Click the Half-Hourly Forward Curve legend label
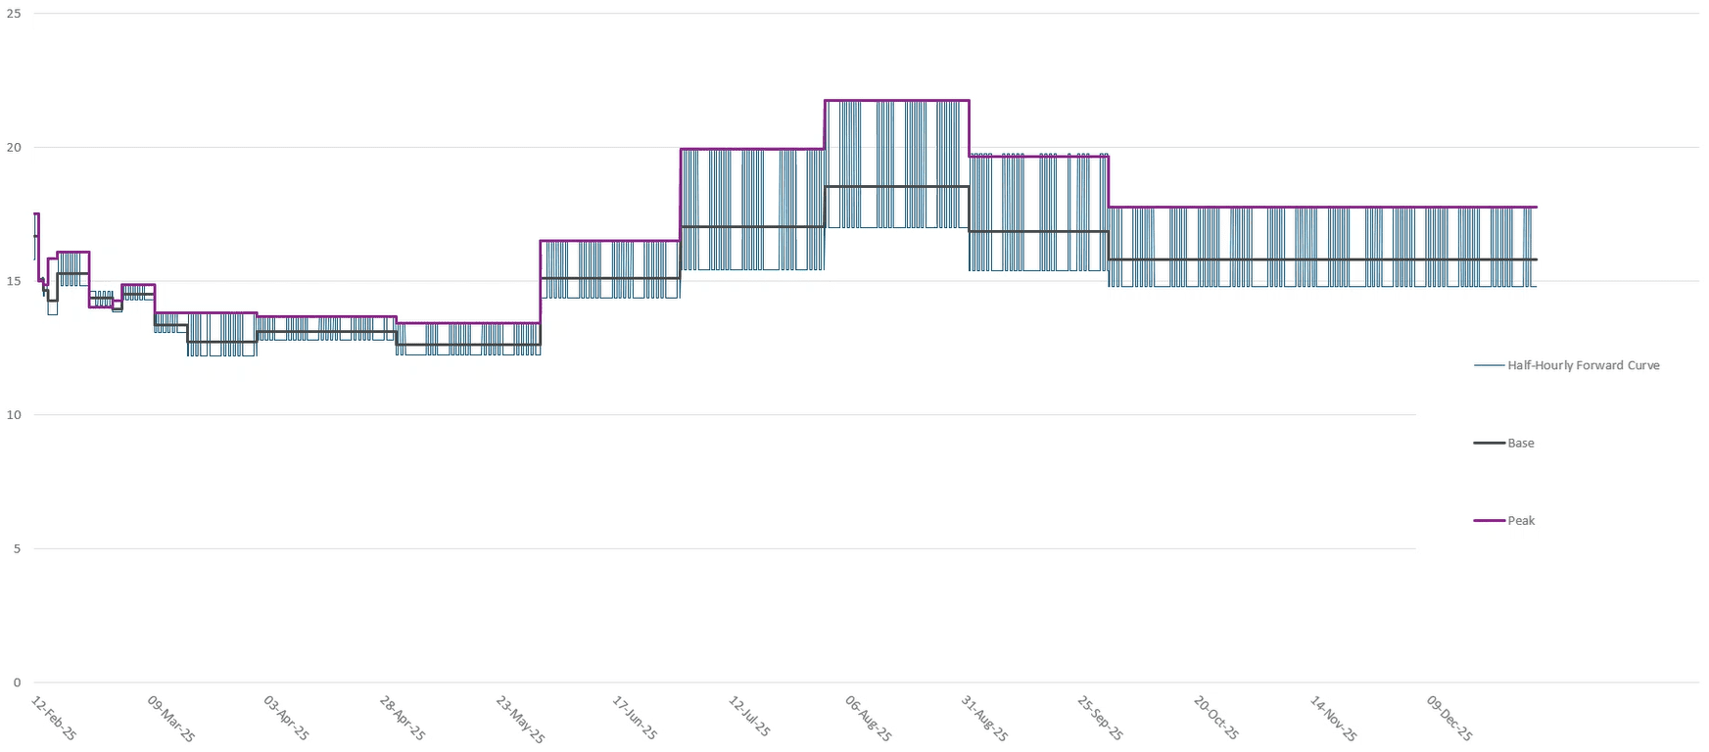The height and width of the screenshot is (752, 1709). point(1583,365)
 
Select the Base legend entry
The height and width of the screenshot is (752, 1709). point(1520,444)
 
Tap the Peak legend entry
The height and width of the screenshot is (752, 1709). point(1520,521)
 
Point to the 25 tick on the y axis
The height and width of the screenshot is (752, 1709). point(14,14)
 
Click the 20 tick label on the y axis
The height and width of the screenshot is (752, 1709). point(14,148)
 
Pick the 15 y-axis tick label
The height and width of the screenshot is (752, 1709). point(14,282)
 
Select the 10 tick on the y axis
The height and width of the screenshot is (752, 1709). point(14,415)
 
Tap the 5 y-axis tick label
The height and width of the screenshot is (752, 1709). point(17,549)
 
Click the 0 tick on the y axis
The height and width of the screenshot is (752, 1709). point(17,683)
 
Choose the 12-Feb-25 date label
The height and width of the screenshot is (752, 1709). point(54,719)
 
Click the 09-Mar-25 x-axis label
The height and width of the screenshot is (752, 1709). point(171,719)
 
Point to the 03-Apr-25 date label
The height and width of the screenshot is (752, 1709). point(287,719)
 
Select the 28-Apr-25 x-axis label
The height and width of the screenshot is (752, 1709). point(404,719)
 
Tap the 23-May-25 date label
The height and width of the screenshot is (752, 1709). point(520,719)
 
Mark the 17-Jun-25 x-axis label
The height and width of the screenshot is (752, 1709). point(636,719)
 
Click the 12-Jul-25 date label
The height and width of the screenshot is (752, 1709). point(750,719)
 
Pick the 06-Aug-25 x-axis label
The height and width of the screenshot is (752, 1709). point(868,719)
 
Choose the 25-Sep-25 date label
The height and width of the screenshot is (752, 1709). point(1101,719)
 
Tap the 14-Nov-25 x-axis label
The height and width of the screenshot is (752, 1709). point(1334,719)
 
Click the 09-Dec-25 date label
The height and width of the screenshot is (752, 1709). point(1449,719)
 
